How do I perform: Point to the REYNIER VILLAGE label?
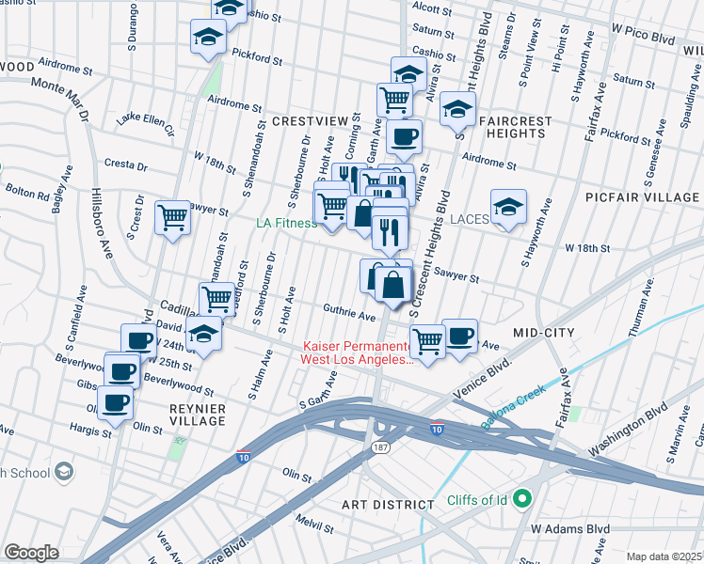click(198, 415)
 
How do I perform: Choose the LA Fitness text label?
click(286, 224)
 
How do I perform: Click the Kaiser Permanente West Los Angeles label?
click(356, 352)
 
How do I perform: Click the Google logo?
click(31, 552)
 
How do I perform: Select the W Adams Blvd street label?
click(571, 530)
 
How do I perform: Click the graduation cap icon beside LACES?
click(508, 208)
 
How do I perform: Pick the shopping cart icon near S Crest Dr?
click(173, 218)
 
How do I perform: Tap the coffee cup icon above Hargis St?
click(117, 404)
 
